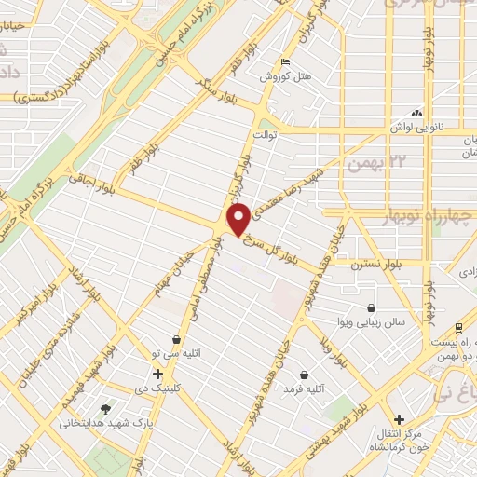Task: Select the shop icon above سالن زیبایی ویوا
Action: click(x=371, y=307)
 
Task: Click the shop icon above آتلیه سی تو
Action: click(x=176, y=340)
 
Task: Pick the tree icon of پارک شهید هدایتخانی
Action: click(x=105, y=408)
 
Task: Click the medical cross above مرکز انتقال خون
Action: click(x=400, y=419)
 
